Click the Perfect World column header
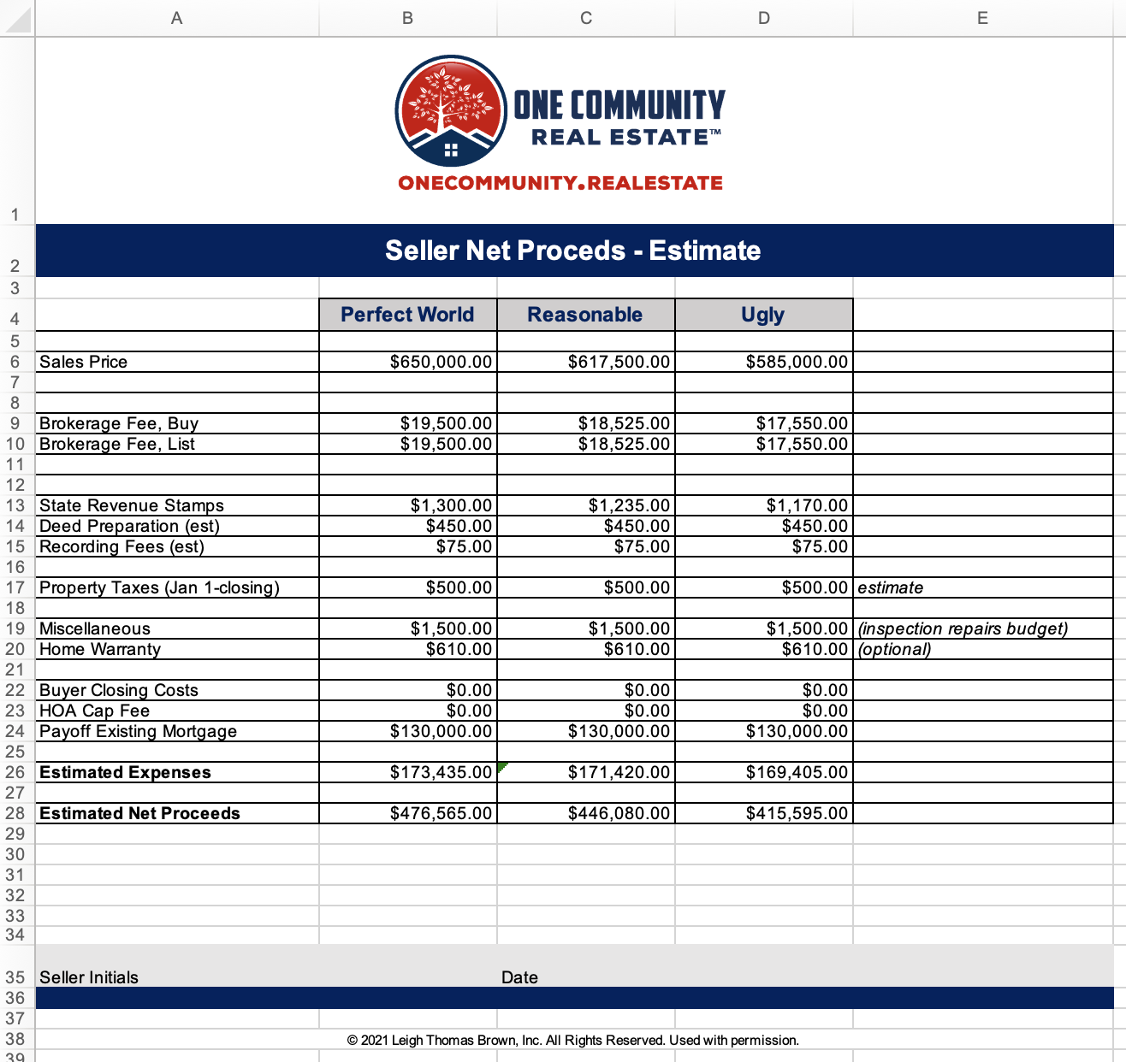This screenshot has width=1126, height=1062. pyautogui.click(x=407, y=315)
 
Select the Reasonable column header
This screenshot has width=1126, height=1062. pyautogui.click(x=584, y=315)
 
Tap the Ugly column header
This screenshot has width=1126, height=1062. pyautogui.click(x=762, y=315)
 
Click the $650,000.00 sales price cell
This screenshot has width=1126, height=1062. pyautogui.click(x=441, y=362)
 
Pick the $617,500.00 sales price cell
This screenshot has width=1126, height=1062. pyautogui.click(x=619, y=362)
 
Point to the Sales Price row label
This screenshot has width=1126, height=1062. pyautogui.click(x=84, y=362)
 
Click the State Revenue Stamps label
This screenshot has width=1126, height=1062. pyautogui.click(x=132, y=505)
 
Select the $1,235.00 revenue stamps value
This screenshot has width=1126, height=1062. pyautogui.click(x=629, y=505)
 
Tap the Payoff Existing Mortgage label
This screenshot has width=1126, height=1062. pyautogui.click(x=138, y=731)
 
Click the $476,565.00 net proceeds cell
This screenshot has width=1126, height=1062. pyautogui.click(x=441, y=813)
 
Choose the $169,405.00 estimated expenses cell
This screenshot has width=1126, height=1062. pyautogui.click(x=797, y=772)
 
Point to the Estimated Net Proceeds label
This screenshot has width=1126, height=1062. pyautogui.click(x=139, y=813)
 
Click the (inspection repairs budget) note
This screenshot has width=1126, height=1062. pyautogui.click(x=963, y=628)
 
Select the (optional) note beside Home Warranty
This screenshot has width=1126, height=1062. pyautogui.click(x=894, y=649)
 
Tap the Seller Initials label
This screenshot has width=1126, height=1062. pyautogui.click(x=89, y=977)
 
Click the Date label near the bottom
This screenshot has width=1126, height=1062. pyautogui.click(x=519, y=977)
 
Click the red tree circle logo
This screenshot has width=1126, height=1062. pyautogui.click(x=451, y=111)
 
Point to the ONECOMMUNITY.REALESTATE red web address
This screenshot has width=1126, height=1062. pyautogui.click(x=560, y=183)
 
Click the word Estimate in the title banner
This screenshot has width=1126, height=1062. pyautogui.click(x=704, y=251)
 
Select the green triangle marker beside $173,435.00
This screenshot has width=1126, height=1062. pyautogui.click(x=501, y=766)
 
